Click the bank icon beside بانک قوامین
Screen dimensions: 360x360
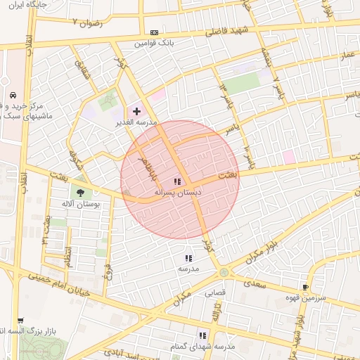click(x=154, y=32)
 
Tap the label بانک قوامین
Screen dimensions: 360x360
click(x=155, y=44)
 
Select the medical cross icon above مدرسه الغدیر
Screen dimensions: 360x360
click(x=136, y=111)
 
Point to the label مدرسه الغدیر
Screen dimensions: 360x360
click(x=136, y=122)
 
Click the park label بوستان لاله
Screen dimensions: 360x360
click(x=82, y=204)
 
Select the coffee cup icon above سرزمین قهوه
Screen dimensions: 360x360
click(x=305, y=287)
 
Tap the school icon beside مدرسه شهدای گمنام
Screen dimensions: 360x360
click(x=202, y=335)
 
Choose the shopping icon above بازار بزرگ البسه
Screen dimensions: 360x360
click(x=20, y=320)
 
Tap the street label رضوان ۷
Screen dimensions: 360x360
click(x=87, y=22)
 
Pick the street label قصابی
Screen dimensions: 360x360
click(x=215, y=293)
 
